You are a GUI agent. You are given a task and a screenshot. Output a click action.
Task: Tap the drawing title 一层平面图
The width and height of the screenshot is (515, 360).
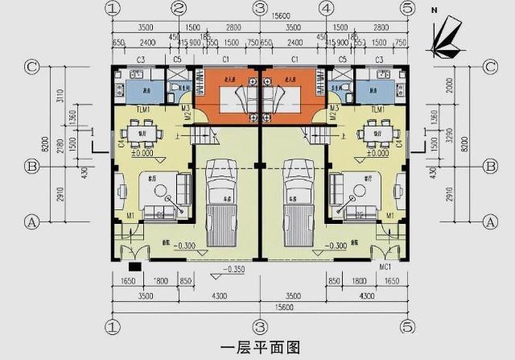(259, 348)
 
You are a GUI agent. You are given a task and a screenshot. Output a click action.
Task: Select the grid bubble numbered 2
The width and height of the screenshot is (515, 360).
(180, 9)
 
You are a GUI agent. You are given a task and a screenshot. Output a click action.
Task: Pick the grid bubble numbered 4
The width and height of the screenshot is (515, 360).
(326, 9)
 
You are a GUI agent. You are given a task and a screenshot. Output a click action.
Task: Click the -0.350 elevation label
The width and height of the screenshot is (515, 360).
(235, 269)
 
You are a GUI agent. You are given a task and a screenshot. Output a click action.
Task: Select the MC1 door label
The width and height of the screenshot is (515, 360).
(385, 267)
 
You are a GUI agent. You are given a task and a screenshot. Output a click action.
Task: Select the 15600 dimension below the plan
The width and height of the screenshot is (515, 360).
(259, 307)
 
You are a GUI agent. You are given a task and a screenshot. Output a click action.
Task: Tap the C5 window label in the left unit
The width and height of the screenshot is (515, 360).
(177, 60)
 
